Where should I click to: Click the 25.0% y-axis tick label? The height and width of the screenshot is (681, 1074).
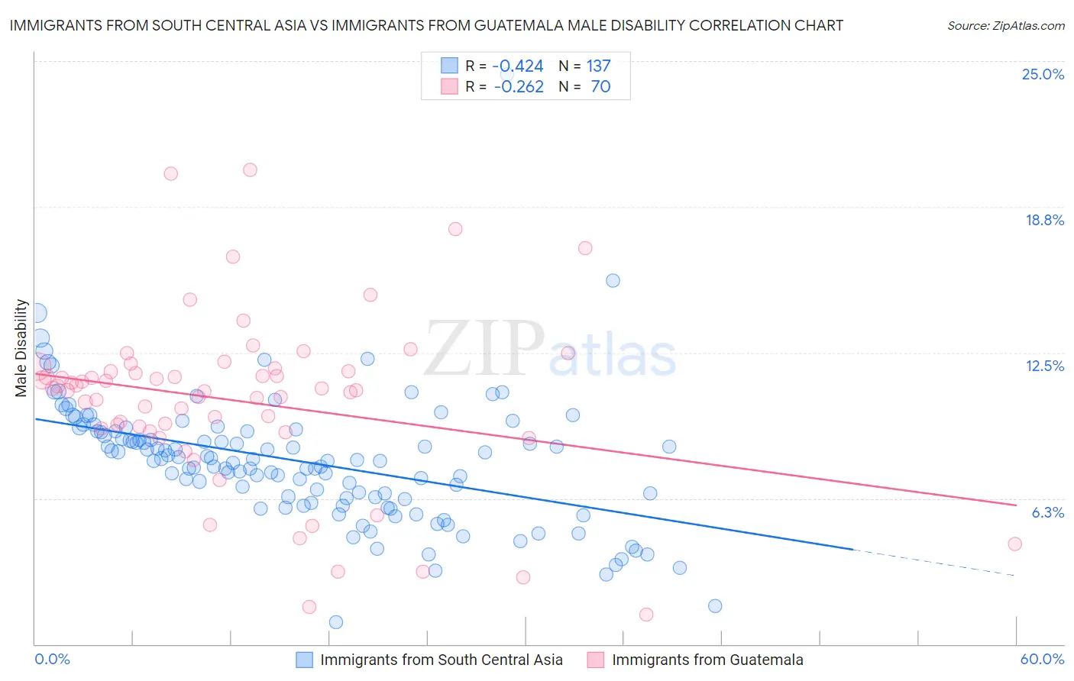(1043, 74)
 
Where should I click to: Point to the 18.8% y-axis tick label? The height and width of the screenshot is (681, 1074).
(1044, 220)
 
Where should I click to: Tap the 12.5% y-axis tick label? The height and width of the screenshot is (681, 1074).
(1044, 366)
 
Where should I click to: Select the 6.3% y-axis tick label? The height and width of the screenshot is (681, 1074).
(1047, 512)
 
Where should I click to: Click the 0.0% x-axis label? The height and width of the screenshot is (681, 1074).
(52, 659)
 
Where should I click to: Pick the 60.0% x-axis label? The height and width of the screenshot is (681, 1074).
(1042, 659)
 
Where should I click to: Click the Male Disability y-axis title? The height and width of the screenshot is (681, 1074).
(21, 348)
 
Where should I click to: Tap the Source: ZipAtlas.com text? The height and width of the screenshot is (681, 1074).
(1005, 25)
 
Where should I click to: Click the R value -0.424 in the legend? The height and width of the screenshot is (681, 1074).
(519, 66)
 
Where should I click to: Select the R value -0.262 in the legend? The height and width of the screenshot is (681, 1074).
(519, 87)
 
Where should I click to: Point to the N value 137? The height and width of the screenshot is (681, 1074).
(599, 66)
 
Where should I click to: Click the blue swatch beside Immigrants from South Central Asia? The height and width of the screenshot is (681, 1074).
(304, 660)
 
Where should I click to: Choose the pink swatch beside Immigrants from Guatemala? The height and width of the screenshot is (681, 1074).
(596, 660)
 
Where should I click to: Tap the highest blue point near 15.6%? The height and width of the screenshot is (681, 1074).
(613, 280)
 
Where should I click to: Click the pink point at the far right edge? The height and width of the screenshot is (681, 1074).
(1014, 544)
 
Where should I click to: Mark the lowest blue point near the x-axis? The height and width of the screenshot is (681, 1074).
(335, 622)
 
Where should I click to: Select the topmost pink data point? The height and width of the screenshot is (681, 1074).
(250, 169)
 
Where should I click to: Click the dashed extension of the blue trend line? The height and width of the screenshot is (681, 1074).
(932, 562)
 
